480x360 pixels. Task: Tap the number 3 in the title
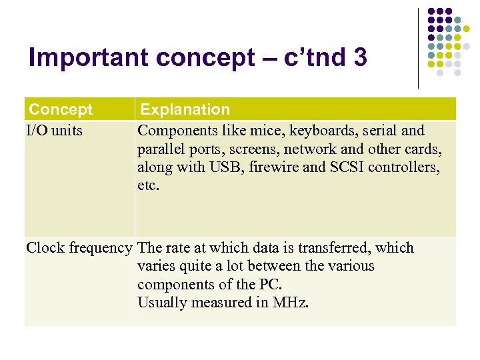(361, 59)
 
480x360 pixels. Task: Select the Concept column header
(61, 109)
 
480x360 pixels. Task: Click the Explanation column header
(185, 109)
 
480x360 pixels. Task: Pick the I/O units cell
(55, 130)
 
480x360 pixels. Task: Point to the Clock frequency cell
(79, 248)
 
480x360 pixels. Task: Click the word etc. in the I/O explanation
(148, 185)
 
